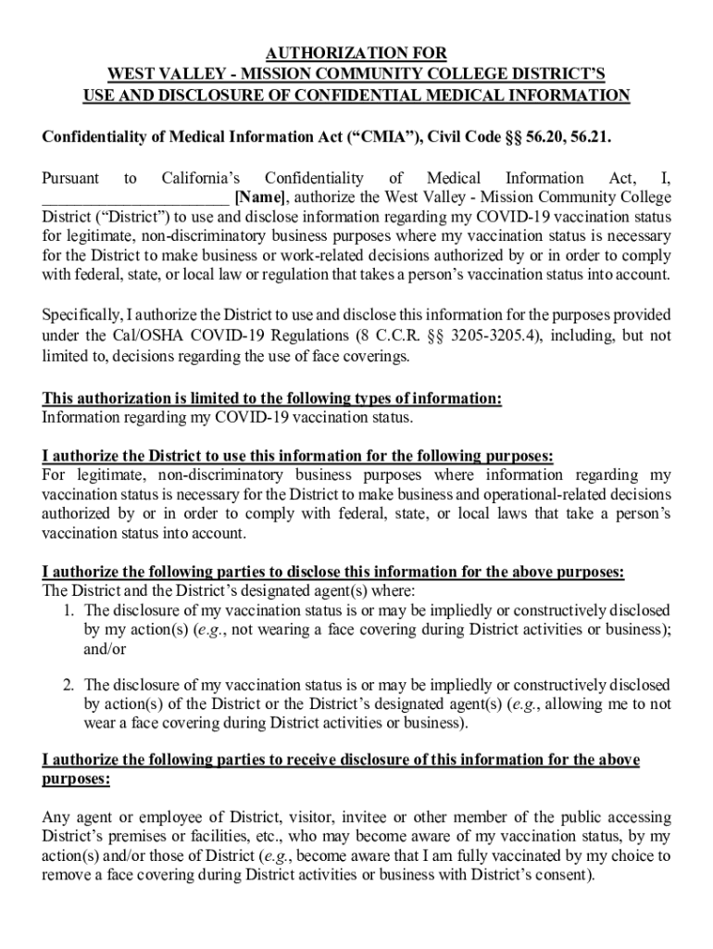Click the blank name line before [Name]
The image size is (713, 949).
tap(135, 197)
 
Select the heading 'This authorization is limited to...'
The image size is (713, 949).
tap(272, 399)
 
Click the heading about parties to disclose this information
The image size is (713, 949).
tap(332, 573)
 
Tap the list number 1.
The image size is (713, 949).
tap(69, 610)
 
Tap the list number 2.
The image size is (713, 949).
tap(69, 685)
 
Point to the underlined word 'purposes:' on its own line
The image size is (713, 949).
tap(76, 780)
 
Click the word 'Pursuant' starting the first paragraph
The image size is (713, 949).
tap(71, 178)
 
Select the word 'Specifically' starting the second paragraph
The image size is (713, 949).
tap(79, 315)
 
